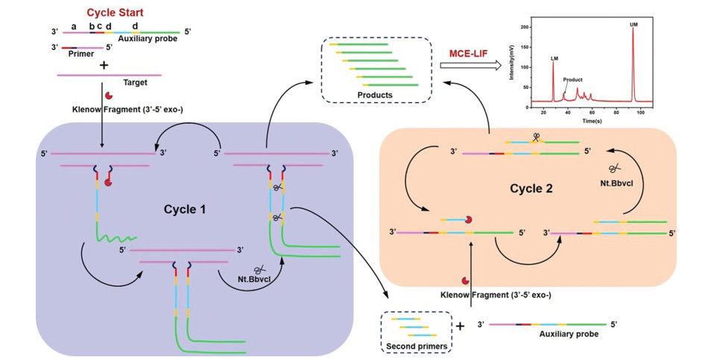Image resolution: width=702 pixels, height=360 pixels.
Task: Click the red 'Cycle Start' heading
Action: (116, 13)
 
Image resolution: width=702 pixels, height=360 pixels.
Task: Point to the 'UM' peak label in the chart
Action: (633, 24)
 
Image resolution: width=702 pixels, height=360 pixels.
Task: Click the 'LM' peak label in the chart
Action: (554, 57)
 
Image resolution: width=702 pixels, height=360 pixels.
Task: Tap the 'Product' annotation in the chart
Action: (572, 79)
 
